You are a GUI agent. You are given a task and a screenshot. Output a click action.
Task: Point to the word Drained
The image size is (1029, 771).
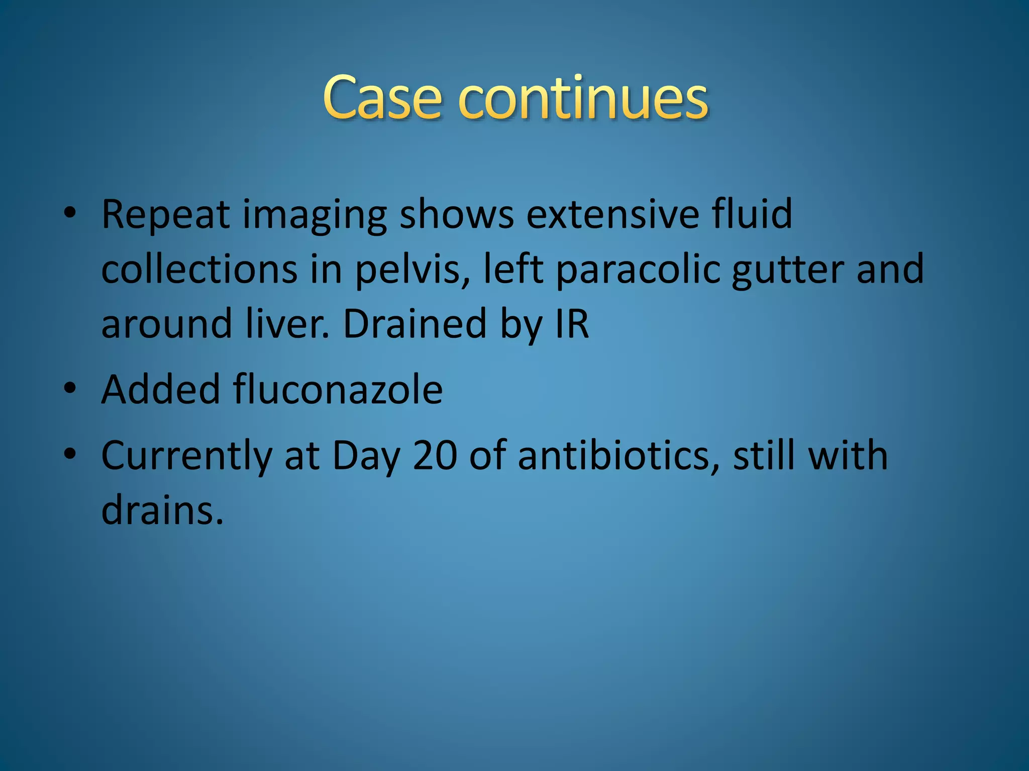pyautogui.click(x=415, y=323)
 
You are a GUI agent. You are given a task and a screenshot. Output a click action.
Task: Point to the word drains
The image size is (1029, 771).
pyautogui.click(x=162, y=509)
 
